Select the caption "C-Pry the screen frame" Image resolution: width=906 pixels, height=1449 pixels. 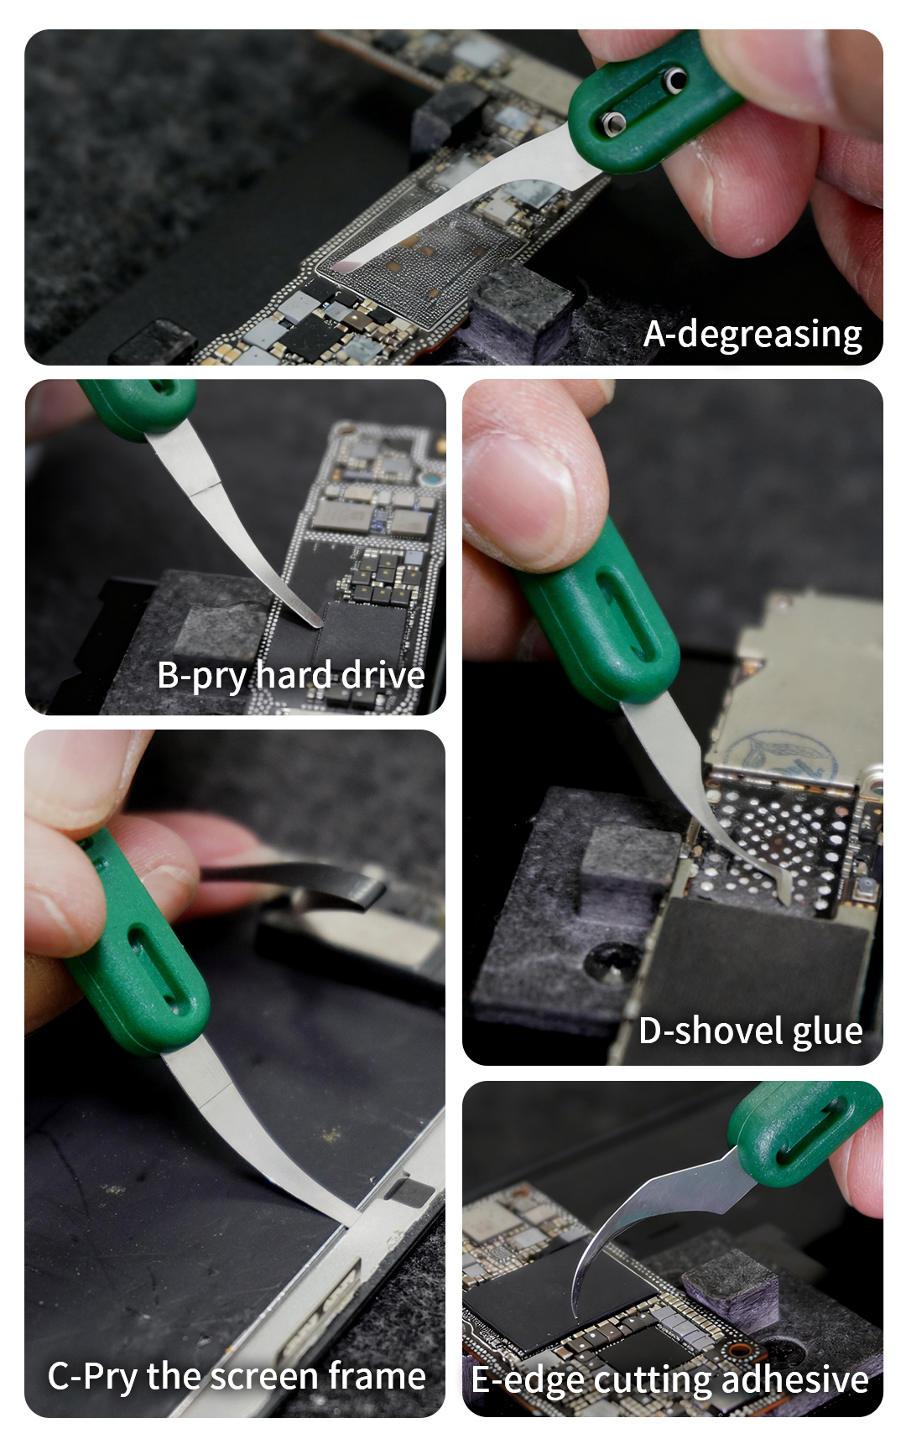[x=237, y=1377]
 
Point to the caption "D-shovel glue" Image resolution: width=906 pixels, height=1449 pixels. [x=751, y=1031]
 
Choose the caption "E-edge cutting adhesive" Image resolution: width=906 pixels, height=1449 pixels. [x=669, y=1380]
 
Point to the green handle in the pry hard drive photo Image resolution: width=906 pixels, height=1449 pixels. [x=138, y=407]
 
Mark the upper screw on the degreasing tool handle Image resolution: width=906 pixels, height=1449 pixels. [x=674, y=80]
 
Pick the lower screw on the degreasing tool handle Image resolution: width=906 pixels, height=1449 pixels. [x=613, y=122]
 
